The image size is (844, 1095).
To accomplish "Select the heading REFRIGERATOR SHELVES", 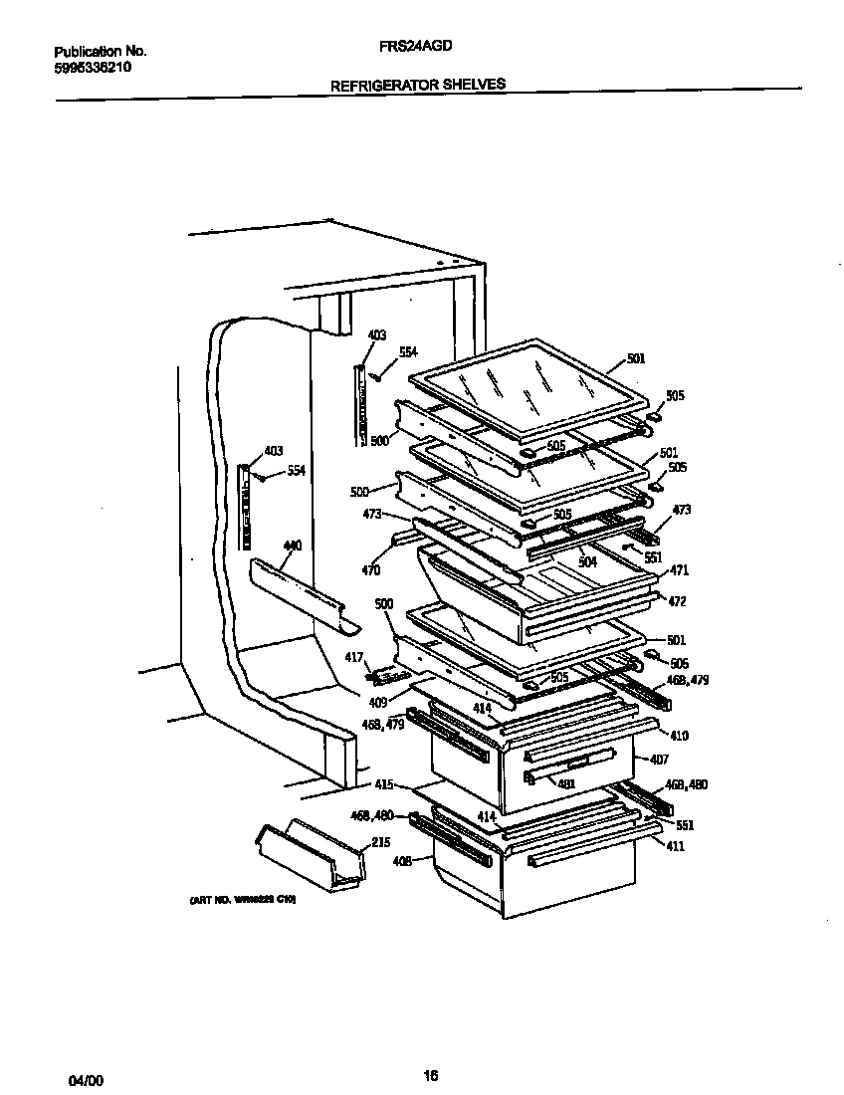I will [418, 85].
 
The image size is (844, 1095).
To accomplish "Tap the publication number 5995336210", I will [92, 68].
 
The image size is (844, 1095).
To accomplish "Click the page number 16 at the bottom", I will [430, 1075].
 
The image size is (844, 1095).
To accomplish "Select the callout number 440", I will [292, 546].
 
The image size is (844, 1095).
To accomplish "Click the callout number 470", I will [370, 571].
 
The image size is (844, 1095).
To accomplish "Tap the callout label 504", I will [587, 562].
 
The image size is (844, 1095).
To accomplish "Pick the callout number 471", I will [679, 570].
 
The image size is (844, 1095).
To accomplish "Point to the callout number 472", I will [677, 602].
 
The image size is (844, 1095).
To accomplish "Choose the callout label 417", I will [381, 656].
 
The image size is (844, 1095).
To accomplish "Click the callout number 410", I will [679, 737].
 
